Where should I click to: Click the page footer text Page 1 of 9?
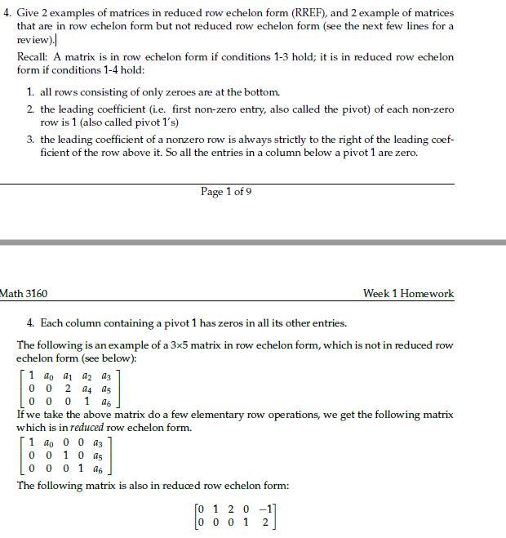click(226, 192)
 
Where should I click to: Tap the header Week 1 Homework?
click(408, 294)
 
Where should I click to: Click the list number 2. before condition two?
click(30, 109)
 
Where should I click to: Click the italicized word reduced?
click(87, 428)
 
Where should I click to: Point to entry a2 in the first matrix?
click(87, 376)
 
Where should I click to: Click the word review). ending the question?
click(36, 40)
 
